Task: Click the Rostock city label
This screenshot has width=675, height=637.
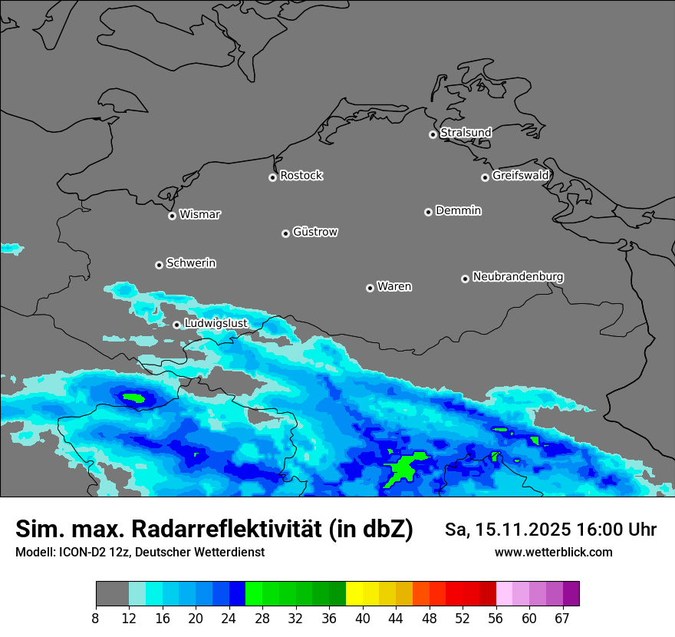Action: (301, 176)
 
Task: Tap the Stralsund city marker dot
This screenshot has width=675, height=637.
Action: (433, 134)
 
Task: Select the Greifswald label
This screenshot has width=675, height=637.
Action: (520, 176)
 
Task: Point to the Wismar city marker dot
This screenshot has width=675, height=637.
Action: (172, 216)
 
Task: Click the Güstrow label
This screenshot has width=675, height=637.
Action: (314, 232)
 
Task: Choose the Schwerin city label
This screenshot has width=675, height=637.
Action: (190, 263)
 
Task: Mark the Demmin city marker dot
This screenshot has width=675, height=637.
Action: (428, 212)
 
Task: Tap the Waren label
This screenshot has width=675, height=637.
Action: (393, 286)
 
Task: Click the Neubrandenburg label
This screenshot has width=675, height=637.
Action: (518, 276)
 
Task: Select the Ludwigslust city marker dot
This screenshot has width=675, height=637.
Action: (176, 325)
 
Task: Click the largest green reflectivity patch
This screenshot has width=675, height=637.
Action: (403, 469)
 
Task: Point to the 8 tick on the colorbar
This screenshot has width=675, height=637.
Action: (96, 618)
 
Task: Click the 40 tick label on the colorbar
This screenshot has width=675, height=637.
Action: (363, 618)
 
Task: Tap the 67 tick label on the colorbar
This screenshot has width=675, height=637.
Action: (562, 618)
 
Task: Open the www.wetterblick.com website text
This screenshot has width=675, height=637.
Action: (553, 553)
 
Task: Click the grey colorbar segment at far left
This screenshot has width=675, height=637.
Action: (112, 594)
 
